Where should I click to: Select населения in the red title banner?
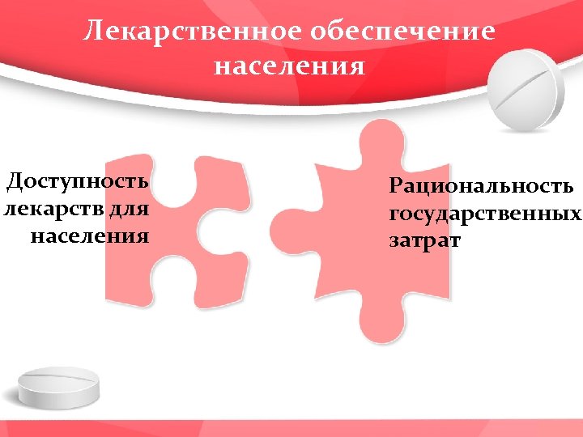click(x=289, y=65)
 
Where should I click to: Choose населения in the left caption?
click(x=90, y=236)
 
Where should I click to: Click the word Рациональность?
click(x=482, y=187)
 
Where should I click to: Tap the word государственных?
click(x=485, y=214)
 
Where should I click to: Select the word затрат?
click(x=424, y=241)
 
